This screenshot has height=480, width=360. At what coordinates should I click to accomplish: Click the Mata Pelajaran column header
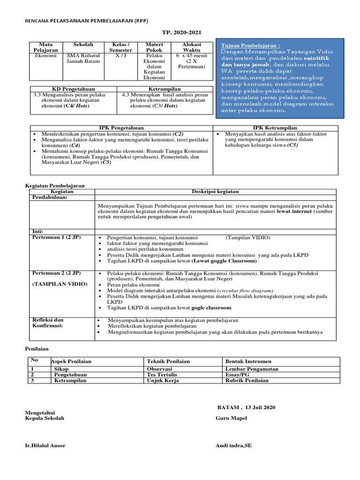pos(45,47)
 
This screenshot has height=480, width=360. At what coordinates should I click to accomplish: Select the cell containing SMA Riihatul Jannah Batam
pos(84,58)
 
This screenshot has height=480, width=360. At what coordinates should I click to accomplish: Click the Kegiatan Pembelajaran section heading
pos(54,186)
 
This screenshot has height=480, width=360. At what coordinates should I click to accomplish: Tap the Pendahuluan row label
pos(50,197)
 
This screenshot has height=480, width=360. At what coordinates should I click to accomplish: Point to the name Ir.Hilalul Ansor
pos(45,445)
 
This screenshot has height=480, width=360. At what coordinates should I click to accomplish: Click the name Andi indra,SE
pos(233,445)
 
